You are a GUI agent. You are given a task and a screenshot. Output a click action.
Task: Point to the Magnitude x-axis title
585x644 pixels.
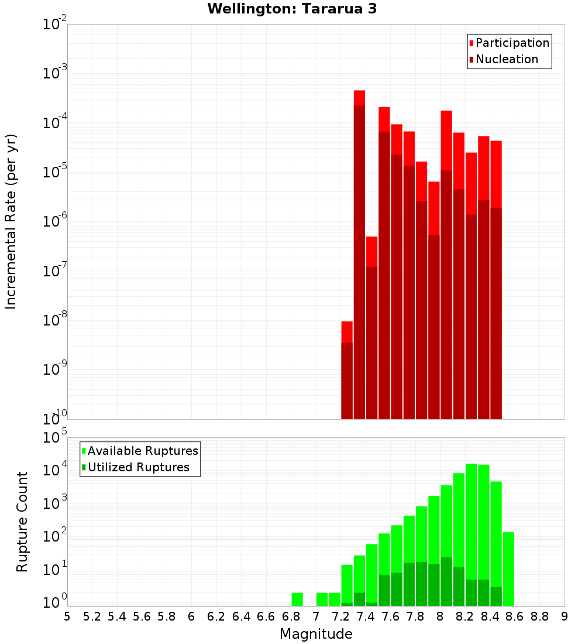click(x=316, y=634)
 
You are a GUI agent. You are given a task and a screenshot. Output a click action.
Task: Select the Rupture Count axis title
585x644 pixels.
click(x=22, y=522)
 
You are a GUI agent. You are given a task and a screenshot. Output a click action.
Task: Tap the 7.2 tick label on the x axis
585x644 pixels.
click(x=340, y=616)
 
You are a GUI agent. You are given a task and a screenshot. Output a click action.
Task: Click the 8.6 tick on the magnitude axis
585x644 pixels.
click(x=515, y=616)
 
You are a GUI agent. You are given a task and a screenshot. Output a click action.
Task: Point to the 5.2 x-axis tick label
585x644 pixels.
click(x=92, y=616)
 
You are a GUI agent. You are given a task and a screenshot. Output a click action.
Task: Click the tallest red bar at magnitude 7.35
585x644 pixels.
click(x=359, y=176)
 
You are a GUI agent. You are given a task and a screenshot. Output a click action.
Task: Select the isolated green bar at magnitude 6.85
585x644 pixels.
click(x=297, y=599)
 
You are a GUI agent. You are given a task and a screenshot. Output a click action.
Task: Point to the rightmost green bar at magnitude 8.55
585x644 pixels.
click(x=508, y=568)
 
